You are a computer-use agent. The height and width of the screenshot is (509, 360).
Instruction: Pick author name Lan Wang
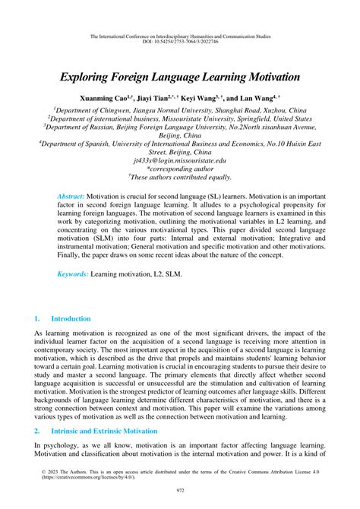point(260,100)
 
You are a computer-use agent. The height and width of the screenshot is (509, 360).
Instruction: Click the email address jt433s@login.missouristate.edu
point(179,161)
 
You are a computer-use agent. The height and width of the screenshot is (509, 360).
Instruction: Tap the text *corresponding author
point(179,171)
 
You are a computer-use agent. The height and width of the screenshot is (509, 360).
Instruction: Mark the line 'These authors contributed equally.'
point(179,181)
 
